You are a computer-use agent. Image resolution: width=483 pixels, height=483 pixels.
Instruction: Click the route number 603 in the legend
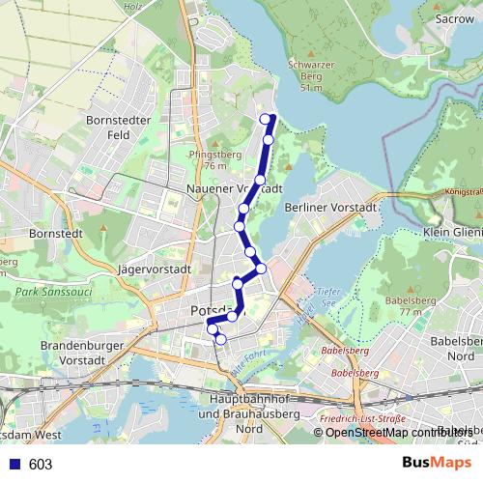tap(41, 464)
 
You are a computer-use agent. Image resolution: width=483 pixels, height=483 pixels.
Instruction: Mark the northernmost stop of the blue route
tap(266, 119)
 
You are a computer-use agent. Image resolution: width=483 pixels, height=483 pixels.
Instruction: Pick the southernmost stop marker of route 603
tap(221, 339)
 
